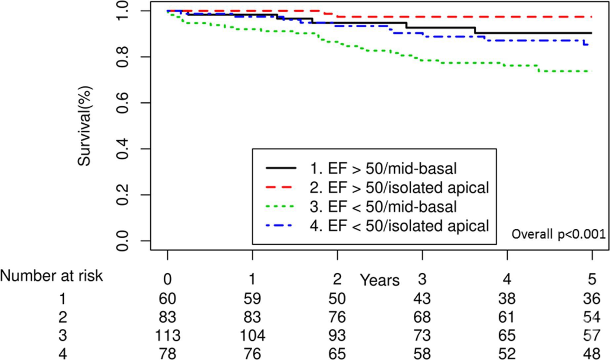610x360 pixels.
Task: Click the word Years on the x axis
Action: click(380, 280)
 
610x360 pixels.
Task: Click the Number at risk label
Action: click(53, 276)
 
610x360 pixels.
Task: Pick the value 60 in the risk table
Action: click(168, 297)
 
